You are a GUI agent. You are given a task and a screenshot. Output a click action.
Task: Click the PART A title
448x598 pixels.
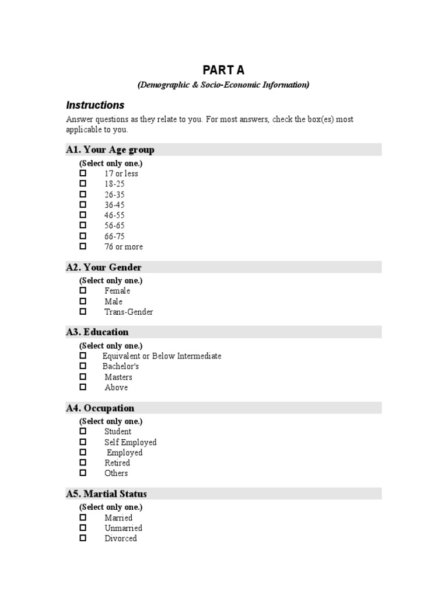point(223,70)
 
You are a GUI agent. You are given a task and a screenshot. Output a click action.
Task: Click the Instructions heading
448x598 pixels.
point(95,105)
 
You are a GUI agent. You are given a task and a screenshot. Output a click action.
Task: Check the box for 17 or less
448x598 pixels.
point(83,173)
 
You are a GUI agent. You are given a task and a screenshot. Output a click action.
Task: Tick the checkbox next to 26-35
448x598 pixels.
point(83,194)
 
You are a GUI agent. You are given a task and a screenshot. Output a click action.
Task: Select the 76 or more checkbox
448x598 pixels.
point(83,246)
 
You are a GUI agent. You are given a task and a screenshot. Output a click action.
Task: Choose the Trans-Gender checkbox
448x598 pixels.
point(83,312)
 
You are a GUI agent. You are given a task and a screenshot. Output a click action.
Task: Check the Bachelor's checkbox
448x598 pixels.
point(83,366)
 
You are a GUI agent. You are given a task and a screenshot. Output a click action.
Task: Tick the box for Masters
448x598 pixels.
point(83,377)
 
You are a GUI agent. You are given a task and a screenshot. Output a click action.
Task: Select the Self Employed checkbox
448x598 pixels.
point(83,442)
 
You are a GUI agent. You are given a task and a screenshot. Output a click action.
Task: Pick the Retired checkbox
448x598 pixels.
point(83,463)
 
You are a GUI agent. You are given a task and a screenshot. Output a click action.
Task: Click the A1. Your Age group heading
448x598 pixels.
point(110,150)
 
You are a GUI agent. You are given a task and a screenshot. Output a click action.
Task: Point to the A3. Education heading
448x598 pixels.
point(97,332)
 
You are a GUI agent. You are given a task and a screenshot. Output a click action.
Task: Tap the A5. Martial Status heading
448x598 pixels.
point(106,494)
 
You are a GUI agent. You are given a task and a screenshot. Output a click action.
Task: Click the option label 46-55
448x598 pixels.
point(114,215)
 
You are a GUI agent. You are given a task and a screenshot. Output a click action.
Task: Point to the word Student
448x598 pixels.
point(118,432)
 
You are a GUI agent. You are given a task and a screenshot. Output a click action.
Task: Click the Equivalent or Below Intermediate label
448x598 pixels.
point(162,356)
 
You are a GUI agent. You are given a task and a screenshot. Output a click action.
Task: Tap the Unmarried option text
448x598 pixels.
point(123,528)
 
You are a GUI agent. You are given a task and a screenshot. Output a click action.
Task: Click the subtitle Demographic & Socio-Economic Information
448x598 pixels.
point(223,85)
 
